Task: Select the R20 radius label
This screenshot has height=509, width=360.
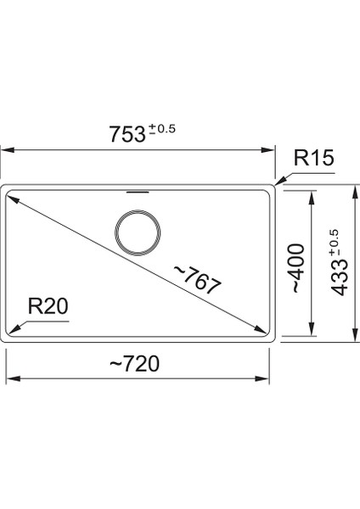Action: pyautogui.click(x=45, y=306)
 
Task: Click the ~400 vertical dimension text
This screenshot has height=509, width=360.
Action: pyautogui.click(x=295, y=266)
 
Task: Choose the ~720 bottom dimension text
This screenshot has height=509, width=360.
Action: pyautogui.click(x=136, y=363)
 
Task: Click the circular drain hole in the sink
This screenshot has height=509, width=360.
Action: pyautogui.click(x=135, y=232)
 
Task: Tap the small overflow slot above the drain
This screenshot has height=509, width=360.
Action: pyautogui.click(x=135, y=193)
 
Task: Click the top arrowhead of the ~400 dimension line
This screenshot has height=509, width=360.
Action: pyautogui.click(x=314, y=193)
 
